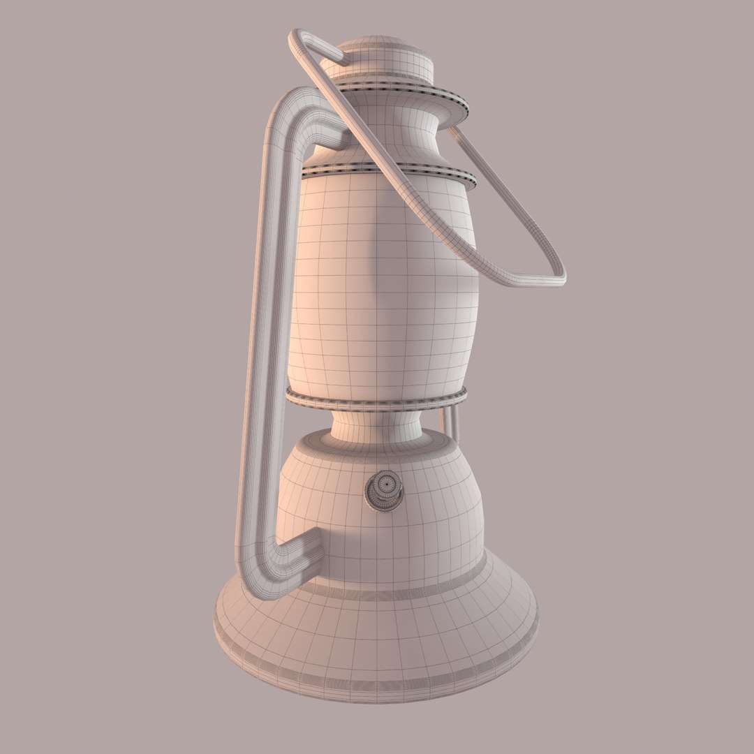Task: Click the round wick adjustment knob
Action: (x=383, y=489)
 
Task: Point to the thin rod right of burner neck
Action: (x=451, y=419)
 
